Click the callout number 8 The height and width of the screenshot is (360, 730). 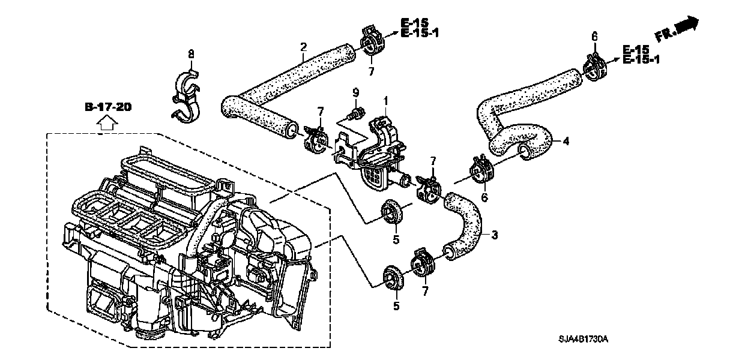point(191,54)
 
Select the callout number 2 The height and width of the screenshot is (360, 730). point(304,46)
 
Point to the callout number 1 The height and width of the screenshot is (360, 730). point(386,100)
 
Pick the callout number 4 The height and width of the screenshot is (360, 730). point(565,142)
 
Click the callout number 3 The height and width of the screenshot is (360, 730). point(494,235)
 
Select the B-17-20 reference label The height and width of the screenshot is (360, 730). point(107,107)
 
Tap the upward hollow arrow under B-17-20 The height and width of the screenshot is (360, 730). point(106,124)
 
